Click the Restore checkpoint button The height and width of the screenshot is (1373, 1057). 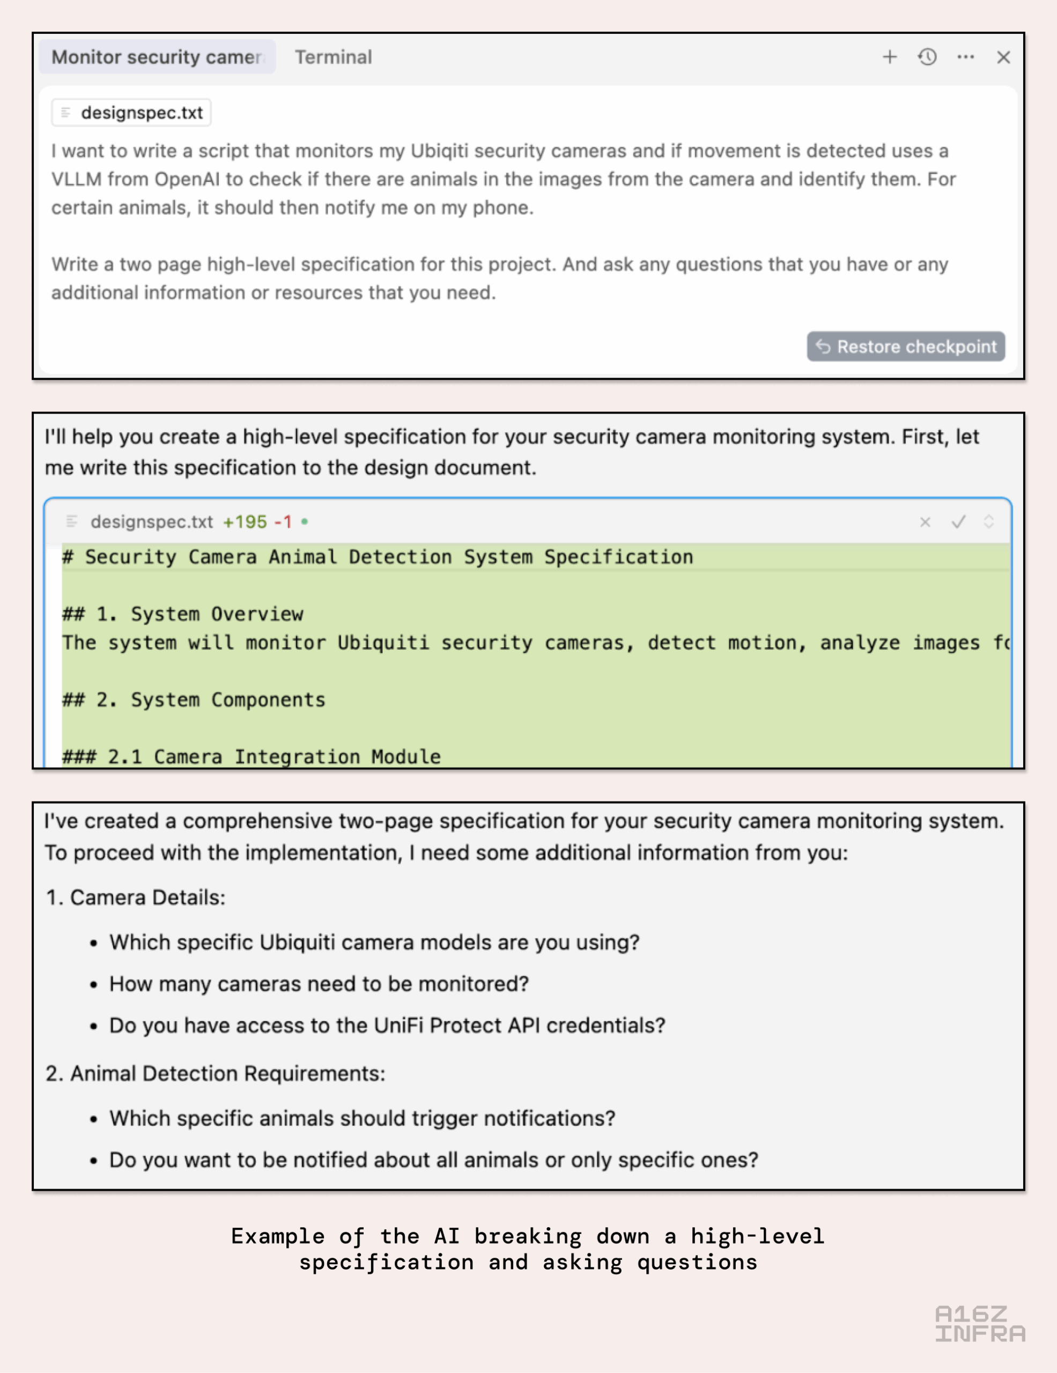(906, 346)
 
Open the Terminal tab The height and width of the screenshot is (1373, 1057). (333, 57)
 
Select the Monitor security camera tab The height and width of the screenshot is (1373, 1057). (157, 57)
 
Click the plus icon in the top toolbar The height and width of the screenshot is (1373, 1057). (889, 57)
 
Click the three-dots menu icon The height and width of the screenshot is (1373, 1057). (965, 57)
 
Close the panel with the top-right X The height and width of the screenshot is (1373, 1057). (1003, 57)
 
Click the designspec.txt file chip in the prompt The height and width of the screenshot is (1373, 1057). (131, 113)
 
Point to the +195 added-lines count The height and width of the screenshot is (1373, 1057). (245, 522)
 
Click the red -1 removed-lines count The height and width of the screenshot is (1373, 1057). (283, 522)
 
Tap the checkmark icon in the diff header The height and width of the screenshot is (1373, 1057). (958, 522)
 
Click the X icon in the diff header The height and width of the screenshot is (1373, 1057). (925, 522)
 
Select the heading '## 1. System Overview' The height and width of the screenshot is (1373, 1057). (183, 614)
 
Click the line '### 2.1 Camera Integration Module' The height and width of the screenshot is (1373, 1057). (252, 756)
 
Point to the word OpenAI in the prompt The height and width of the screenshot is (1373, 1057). (187, 179)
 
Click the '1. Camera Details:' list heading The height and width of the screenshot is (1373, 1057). (136, 897)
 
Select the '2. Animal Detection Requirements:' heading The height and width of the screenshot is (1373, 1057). (216, 1073)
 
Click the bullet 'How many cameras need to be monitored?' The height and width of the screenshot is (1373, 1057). (319, 984)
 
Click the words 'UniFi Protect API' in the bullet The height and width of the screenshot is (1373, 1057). (457, 1025)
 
